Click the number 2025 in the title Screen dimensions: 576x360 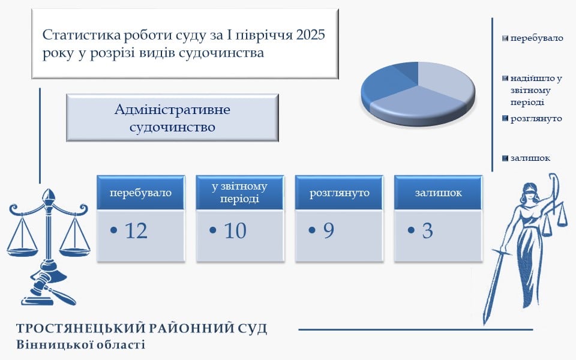tap(310, 35)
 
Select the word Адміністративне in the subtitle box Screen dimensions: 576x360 tap(172, 109)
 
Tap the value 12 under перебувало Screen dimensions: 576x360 tap(136, 230)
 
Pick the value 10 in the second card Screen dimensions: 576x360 tap(235, 230)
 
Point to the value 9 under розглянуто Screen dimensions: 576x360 tap(329, 230)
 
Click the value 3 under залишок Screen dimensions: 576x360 tap(428, 230)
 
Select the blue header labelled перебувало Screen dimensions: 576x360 tap(140, 193)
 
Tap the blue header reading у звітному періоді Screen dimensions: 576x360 tap(240, 193)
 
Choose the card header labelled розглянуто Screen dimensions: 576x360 tap(339, 193)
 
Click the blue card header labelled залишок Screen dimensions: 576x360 tap(438, 193)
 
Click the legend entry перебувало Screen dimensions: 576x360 tap(536, 38)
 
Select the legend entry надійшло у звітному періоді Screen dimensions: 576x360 tap(536, 91)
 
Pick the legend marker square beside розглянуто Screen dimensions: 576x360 tap(505, 118)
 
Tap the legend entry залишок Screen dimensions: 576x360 tap(530, 158)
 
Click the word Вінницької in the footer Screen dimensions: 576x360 tap(47, 344)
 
